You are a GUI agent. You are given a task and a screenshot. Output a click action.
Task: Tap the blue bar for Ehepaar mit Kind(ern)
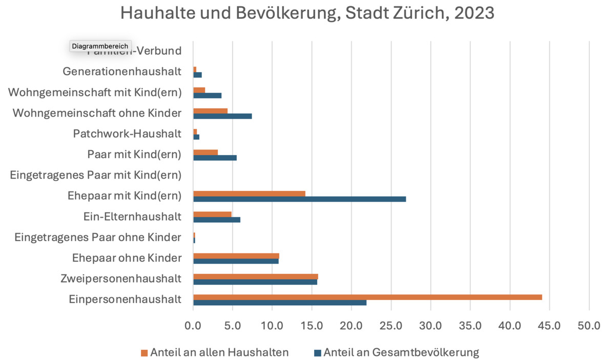coord(299,199)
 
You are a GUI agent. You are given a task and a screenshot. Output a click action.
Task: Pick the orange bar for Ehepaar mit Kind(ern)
coord(249,194)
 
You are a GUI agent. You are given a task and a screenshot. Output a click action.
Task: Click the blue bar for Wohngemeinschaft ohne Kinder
coord(222,116)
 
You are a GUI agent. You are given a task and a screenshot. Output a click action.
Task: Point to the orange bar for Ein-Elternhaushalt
coord(212,214)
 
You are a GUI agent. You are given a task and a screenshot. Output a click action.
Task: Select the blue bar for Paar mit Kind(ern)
coord(215,158)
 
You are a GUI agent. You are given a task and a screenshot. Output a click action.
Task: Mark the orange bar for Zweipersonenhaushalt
coord(255,277)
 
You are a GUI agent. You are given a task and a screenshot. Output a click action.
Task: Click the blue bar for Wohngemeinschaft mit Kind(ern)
coord(207,95)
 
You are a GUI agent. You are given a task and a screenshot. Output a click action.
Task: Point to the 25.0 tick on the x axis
coord(391,325)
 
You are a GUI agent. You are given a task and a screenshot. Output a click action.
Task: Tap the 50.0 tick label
coord(589,325)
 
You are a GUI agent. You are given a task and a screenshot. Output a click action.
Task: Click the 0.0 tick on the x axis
coord(193,325)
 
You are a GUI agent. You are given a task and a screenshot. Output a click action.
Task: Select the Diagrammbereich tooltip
coord(100,46)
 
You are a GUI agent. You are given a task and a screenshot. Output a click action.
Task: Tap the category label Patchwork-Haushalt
coord(127,134)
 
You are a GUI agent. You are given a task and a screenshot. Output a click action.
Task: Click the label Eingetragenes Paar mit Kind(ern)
coord(96,175)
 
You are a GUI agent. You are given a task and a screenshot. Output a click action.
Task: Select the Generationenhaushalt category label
coord(122,72)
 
